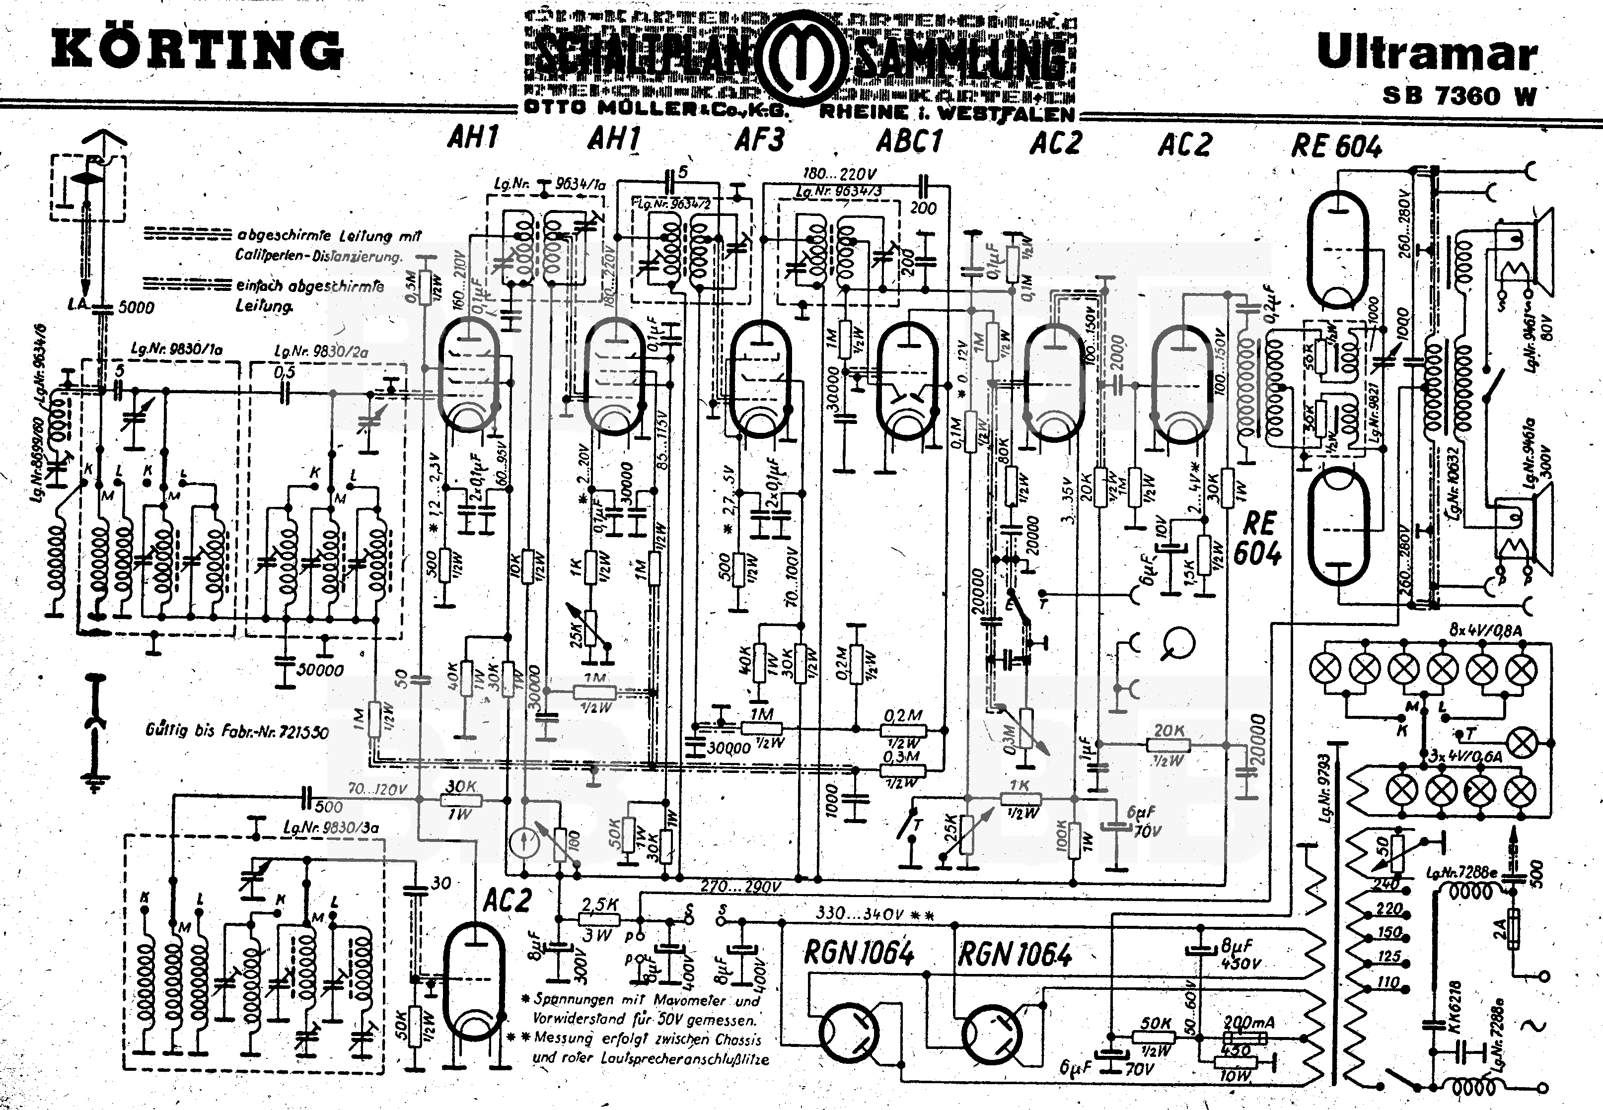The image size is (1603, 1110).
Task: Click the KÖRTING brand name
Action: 197,50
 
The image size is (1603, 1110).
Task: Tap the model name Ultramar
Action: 1426,53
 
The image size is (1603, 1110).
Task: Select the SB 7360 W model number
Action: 1459,95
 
